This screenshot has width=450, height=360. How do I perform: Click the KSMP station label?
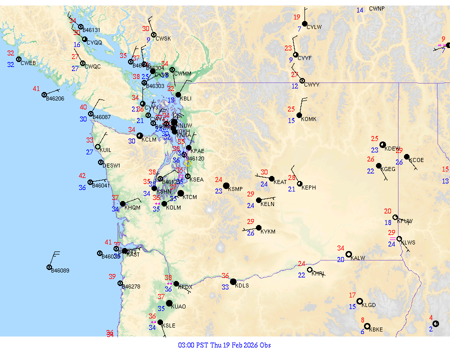(x=235, y=189)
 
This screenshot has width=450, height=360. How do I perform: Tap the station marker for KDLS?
(x=233, y=281)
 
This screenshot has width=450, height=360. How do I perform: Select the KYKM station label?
(x=268, y=231)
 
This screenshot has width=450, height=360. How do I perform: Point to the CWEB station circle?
(x=19, y=59)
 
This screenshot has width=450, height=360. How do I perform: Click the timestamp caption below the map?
(x=224, y=345)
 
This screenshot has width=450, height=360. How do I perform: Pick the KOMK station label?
(x=309, y=119)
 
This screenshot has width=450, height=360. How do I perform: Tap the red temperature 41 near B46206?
(x=36, y=89)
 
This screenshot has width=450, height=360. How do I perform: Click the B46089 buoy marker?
(x=49, y=267)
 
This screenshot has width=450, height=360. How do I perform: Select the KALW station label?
(x=358, y=258)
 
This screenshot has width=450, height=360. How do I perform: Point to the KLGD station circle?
(x=359, y=301)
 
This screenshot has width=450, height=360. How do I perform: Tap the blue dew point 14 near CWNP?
(x=360, y=10)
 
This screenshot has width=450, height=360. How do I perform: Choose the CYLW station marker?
(x=304, y=23)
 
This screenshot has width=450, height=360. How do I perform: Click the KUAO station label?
(x=178, y=307)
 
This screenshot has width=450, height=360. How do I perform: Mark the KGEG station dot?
(x=379, y=165)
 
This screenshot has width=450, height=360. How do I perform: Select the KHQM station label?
(x=132, y=207)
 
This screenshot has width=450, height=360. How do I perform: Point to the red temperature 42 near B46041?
(x=82, y=176)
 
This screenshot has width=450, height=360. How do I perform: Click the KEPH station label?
(x=309, y=187)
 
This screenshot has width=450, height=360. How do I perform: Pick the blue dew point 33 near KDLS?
(x=225, y=287)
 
